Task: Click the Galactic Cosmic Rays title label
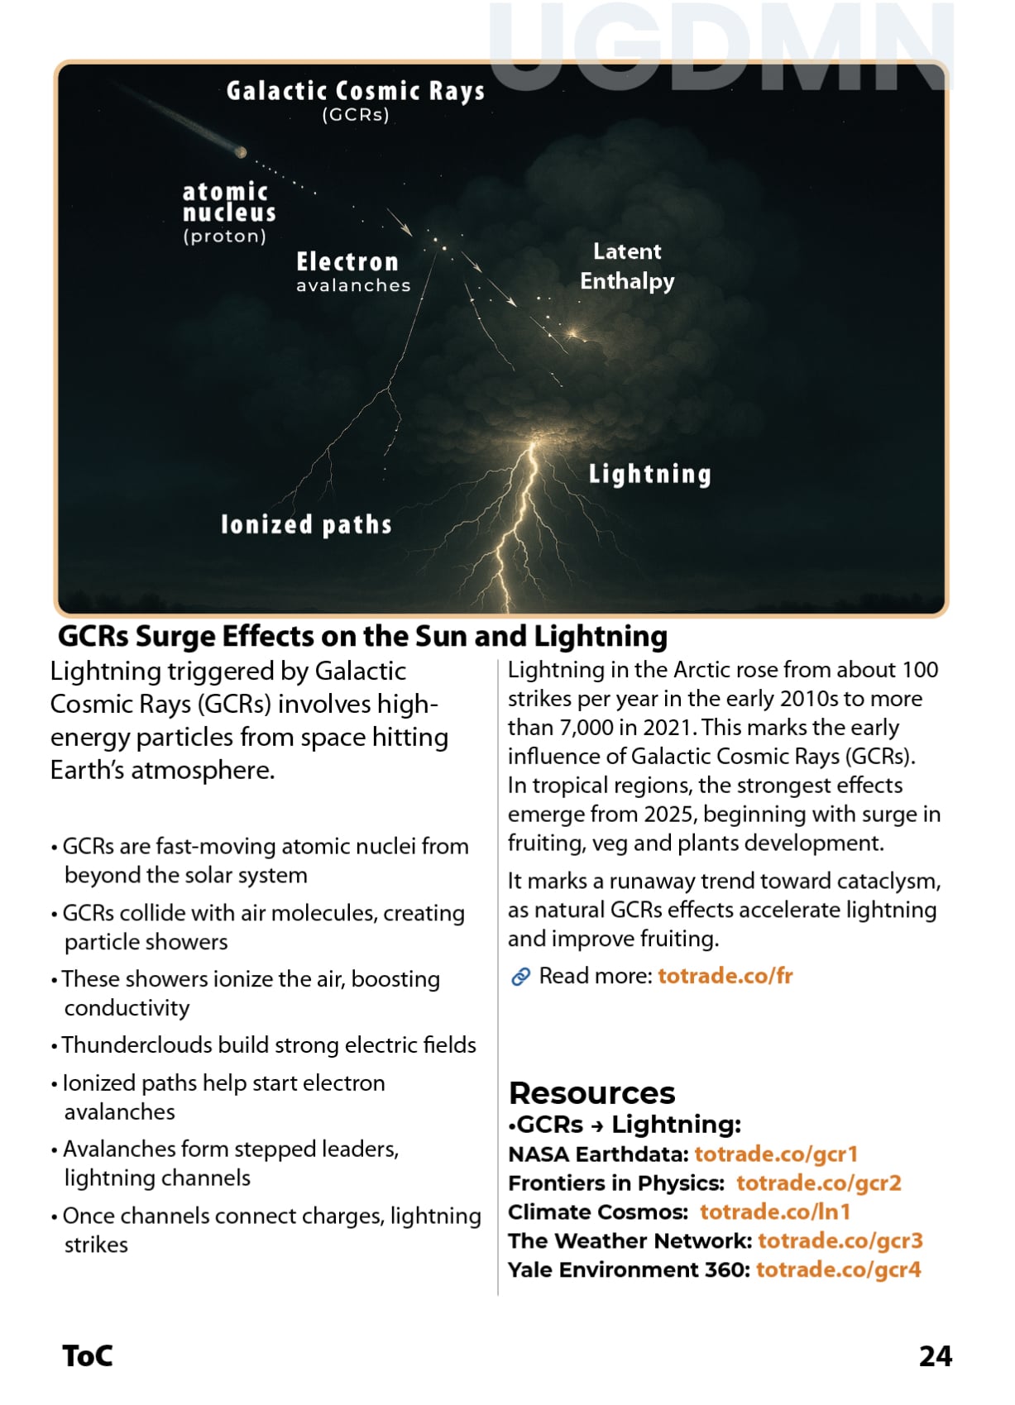click(355, 91)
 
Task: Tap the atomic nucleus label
click(228, 203)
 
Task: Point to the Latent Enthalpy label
click(627, 266)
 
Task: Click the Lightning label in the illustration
click(649, 474)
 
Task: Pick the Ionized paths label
click(306, 524)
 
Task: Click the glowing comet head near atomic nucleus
click(242, 152)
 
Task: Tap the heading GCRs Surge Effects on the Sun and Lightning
click(362, 636)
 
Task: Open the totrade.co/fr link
click(725, 976)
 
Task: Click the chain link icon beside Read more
click(520, 977)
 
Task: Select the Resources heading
click(591, 1092)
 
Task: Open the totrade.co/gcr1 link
click(776, 1154)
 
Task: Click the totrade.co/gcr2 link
click(818, 1183)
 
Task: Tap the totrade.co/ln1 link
click(774, 1211)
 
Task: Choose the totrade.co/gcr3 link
click(840, 1240)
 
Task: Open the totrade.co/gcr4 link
click(838, 1269)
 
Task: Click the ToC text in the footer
click(88, 1356)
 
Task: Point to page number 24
click(935, 1356)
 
